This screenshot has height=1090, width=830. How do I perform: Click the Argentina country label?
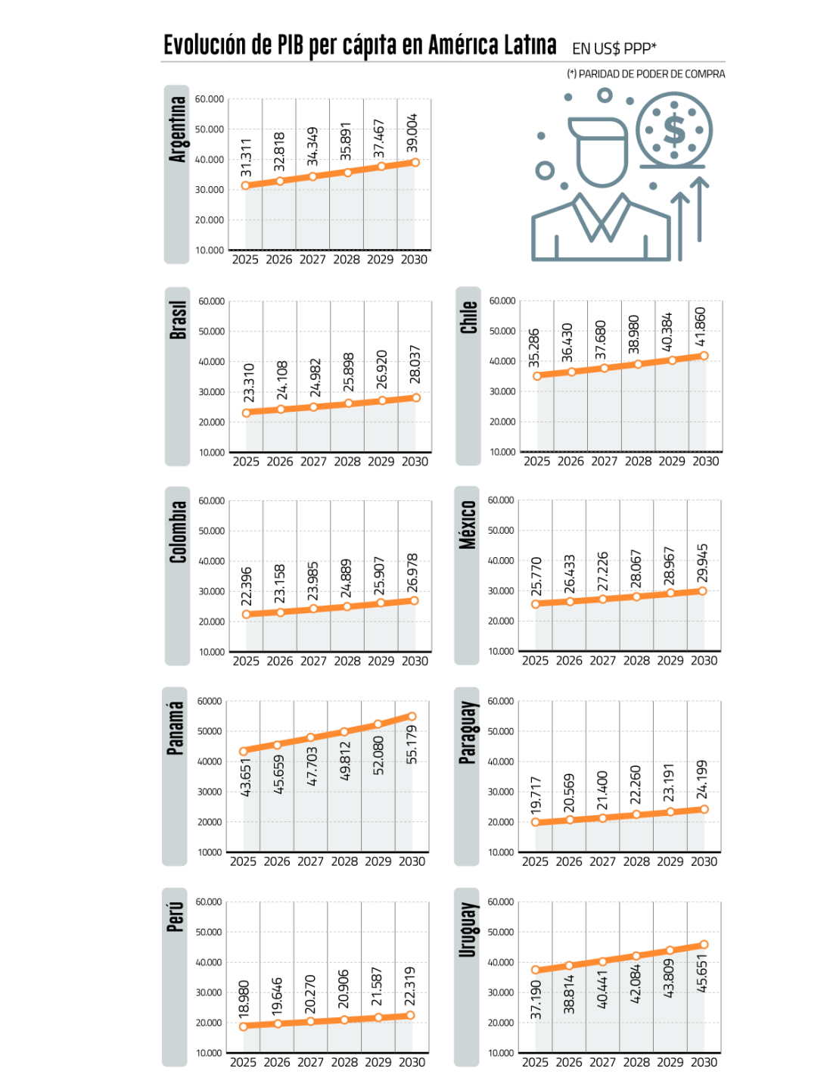point(177,129)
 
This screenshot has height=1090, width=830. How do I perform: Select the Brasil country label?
point(178,320)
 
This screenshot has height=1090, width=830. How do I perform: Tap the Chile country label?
point(468,317)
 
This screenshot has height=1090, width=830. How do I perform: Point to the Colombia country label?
point(178,532)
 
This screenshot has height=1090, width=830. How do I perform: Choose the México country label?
point(468,525)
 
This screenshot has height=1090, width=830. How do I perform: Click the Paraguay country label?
point(468,733)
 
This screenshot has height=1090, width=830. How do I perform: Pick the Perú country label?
point(175,917)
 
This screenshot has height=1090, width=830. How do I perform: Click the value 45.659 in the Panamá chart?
point(278,774)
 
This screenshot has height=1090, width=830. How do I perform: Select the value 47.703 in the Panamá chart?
point(312,767)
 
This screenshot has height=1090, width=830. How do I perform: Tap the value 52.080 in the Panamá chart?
point(378,755)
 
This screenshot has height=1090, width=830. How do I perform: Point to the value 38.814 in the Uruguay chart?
point(569,994)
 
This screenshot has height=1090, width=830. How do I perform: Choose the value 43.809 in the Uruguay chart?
point(668,979)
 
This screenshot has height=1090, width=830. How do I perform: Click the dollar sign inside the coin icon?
point(674,130)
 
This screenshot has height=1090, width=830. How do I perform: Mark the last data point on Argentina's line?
point(415,162)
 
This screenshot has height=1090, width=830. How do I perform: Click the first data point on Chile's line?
point(536,376)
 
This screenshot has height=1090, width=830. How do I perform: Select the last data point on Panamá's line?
point(412,716)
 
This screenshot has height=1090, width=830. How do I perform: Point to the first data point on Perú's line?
point(243,1027)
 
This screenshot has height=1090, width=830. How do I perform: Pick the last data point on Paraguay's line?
point(705,809)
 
